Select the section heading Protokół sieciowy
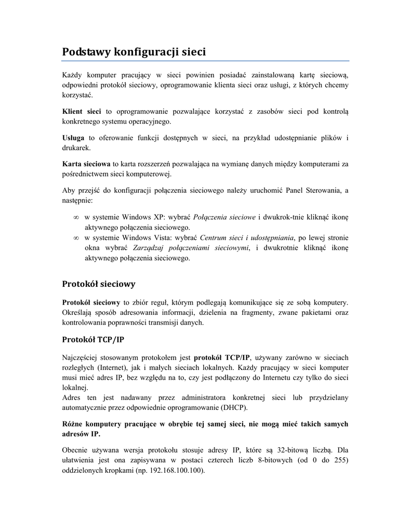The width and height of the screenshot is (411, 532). (x=99, y=284)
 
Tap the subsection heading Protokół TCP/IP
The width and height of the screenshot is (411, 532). (x=93, y=340)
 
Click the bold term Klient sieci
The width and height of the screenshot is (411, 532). (x=82, y=111)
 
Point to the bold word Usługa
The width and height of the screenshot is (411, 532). (x=73, y=138)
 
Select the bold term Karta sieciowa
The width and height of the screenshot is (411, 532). (x=86, y=164)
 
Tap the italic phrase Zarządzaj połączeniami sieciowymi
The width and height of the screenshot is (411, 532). (x=191, y=247)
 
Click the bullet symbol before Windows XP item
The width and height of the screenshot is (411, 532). (x=75, y=217)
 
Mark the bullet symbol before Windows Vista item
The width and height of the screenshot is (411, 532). (x=75, y=237)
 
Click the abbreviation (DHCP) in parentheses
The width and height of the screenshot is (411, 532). (x=233, y=407)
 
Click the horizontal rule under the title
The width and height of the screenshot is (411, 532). (x=205, y=61)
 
